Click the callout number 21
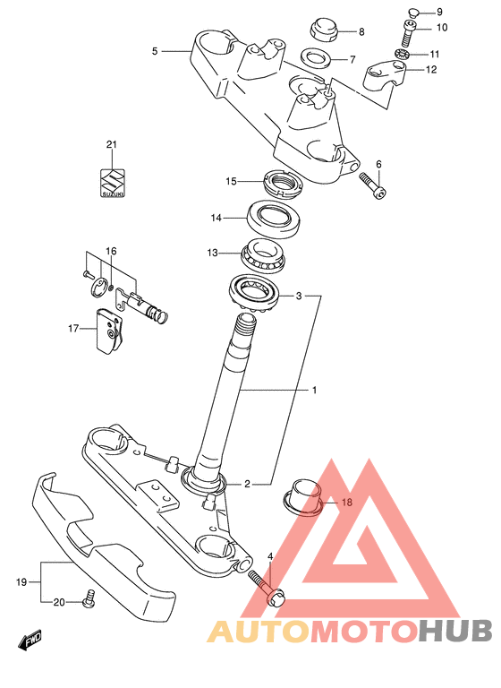click(112, 144)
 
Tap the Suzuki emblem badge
click(113, 184)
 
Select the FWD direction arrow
click(30, 641)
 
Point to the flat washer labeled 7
click(316, 57)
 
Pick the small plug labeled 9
click(413, 11)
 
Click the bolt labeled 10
click(408, 34)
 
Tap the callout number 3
click(299, 296)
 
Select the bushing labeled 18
click(303, 497)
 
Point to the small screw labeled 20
click(89, 599)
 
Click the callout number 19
click(21, 582)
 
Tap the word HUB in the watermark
click(455, 632)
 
